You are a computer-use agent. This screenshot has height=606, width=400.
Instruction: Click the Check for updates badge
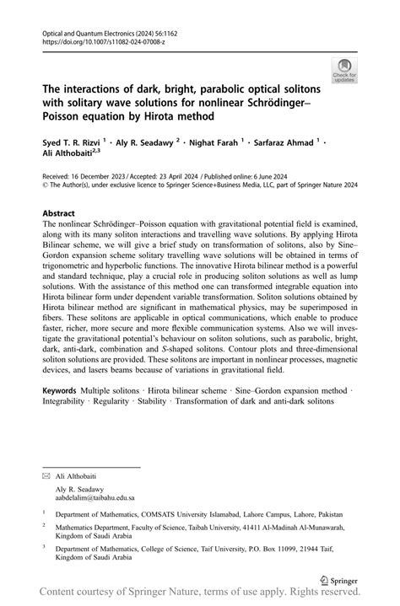[343, 70]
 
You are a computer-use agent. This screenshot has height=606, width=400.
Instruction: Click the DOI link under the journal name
[94, 40]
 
